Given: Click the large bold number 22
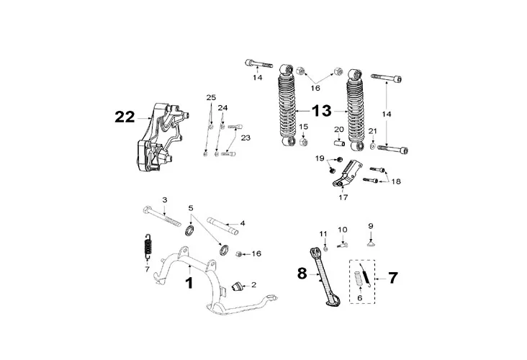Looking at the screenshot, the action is coord(125,117).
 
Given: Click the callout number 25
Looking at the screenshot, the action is coord(210,97).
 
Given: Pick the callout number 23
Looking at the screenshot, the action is coord(245,137).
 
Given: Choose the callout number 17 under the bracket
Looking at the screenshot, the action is coord(343,195).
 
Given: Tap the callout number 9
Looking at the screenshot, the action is coord(371,225).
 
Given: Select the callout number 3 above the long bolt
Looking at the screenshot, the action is coord(164,199).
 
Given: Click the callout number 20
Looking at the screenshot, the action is coord(338,130).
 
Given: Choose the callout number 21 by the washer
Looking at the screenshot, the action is coord(373,130).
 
